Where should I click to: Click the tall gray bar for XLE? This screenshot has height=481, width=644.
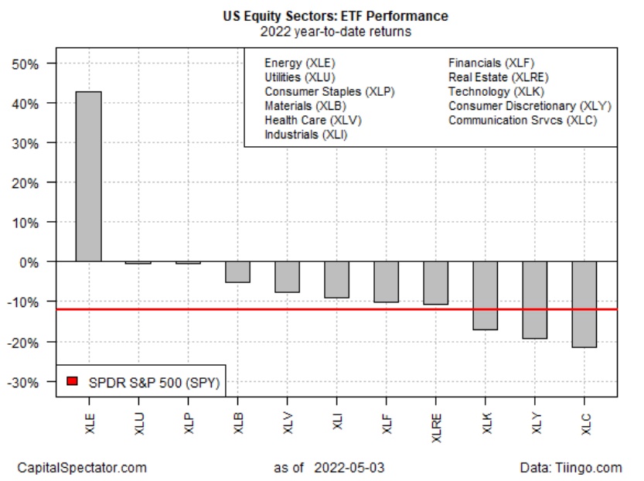click(x=88, y=176)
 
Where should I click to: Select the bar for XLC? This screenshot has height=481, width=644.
click(x=584, y=304)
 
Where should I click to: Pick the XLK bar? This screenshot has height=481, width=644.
click(x=485, y=295)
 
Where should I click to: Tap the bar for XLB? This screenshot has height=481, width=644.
click(x=237, y=271)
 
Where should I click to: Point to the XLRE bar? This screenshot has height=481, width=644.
click(x=435, y=283)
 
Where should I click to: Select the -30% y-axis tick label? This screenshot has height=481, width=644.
click(x=23, y=381)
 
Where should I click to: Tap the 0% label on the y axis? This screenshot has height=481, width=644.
click(x=29, y=262)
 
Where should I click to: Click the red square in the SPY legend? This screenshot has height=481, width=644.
click(x=72, y=380)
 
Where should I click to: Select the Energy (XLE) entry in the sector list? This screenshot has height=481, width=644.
click(x=300, y=63)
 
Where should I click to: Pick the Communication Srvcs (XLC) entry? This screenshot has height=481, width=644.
click(x=523, y=120)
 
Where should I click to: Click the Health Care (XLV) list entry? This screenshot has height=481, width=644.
click(x=312, y=120)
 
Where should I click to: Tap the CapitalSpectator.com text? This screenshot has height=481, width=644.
click(x=82, y=467)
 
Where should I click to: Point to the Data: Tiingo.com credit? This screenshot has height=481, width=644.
click(x=571, y=467)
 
